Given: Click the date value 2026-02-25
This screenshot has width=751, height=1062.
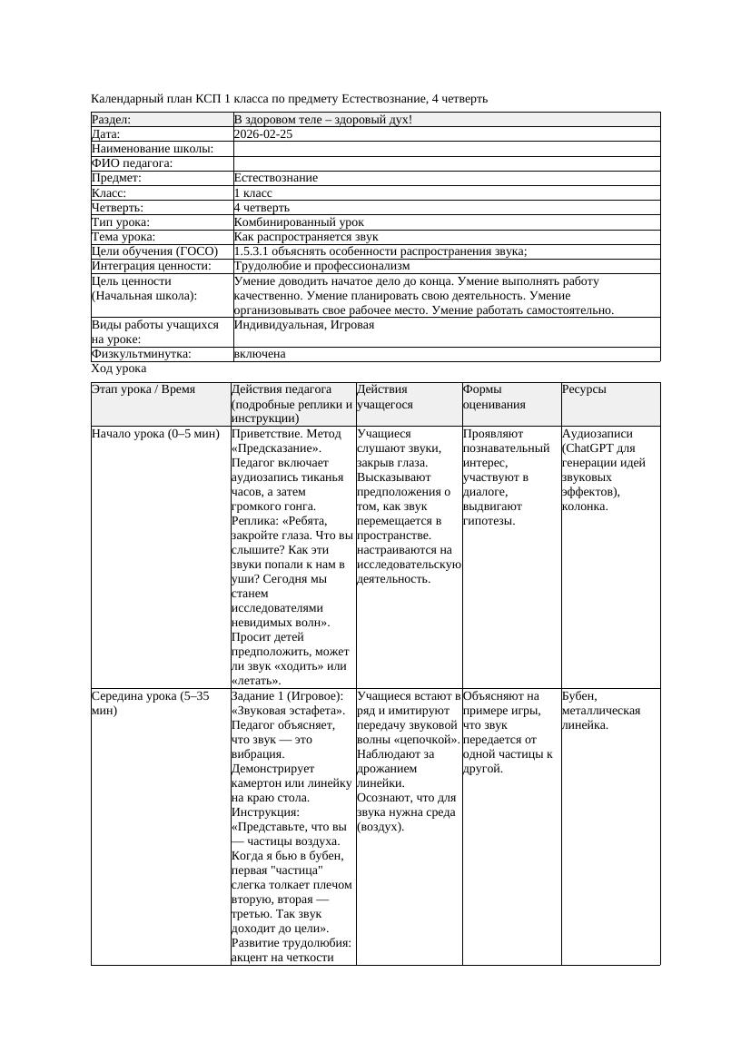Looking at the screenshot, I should pyautogui.click(x=263, y=134).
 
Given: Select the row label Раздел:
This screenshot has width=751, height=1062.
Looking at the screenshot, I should pyautogui.click(x=112, y=120).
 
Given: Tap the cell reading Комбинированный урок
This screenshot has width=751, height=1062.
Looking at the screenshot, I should pyautogui.click(x=299, y=222).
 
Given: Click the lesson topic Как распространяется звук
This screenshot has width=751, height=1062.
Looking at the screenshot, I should pyautogui.click(x=305, y=237).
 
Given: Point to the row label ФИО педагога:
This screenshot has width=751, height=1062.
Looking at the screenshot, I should pyautogui.click(x=133, y=163).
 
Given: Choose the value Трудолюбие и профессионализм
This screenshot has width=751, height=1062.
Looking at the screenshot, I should pyautogui.click(x=321, y=266).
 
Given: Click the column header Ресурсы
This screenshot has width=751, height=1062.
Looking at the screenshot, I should pyautogui.click(x=584, y=389).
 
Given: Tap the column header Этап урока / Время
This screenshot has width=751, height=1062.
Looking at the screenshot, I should pyautogui.click(x=143, y=389).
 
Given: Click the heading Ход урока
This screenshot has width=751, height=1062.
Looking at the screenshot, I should pyautogui.click(x=119, y=369).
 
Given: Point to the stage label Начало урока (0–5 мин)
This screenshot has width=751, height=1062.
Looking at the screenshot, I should pyautogui.click(x=156, y=434).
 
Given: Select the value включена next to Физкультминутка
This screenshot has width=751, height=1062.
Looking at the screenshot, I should pyautogui.click(x=260, y=354).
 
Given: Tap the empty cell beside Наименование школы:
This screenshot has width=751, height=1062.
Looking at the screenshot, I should pyautogui.click(x=446, y=149).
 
